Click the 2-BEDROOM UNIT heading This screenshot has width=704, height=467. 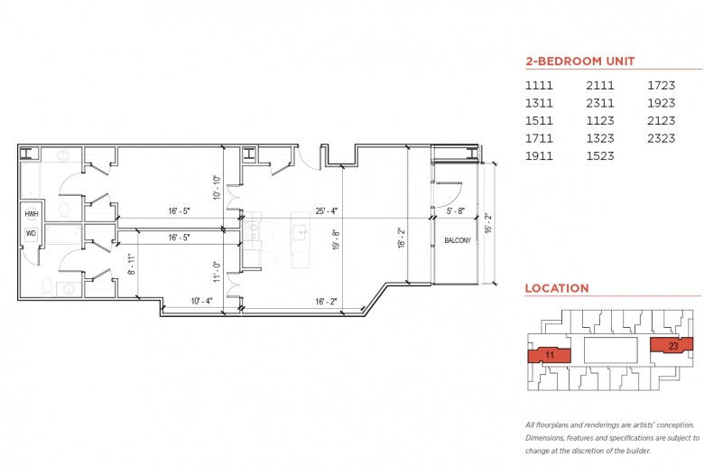pos(580,61)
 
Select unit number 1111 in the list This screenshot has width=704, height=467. pos(539,86)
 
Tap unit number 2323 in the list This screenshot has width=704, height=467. pos(661,138)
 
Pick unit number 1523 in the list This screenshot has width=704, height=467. pos(600,156)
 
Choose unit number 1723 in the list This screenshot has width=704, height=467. pos(661,86)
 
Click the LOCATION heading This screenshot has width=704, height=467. pos(557,288)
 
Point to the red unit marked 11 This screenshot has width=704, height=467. pos(549,355)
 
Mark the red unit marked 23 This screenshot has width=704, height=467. pos(672,345)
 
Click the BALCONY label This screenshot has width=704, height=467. pos(458,240)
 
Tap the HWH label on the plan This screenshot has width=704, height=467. pos(32,214)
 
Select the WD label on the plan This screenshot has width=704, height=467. pos(31,233)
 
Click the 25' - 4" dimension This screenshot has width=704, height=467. pos(327,210)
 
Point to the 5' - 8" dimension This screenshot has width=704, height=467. pos(455,210)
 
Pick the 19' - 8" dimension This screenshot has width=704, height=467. pos(336,239)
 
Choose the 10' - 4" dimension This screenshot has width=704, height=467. pos(201,301)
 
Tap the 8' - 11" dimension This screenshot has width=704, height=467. pos(131,265)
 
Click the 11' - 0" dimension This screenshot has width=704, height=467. pos(218,272)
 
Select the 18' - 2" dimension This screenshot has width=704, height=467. pos(401,238)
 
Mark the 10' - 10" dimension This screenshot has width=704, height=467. pos(218,187)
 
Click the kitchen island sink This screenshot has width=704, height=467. pos(301,232)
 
